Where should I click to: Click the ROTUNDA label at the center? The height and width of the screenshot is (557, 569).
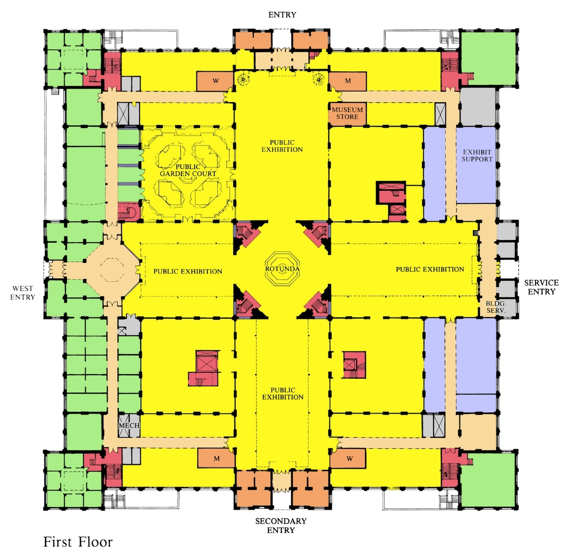tap(282, 269)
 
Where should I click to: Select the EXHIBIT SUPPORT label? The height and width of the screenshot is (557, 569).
tap(477, 155)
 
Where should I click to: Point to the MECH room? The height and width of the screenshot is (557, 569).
tap(129, 426)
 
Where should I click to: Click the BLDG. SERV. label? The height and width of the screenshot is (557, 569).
tap(496, 307)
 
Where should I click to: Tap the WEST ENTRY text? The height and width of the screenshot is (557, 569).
tap(23, 293)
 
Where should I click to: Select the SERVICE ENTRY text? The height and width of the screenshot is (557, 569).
tap(541, 287)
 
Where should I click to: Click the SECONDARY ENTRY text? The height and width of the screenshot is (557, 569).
tap(281, 525)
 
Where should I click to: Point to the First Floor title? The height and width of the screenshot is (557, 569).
tap(78, 542)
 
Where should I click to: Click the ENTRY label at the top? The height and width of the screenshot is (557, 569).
tap(282, 15)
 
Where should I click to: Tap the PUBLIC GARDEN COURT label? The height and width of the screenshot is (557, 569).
tap(188, 170)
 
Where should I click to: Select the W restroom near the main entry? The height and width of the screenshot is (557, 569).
tap(216, 81)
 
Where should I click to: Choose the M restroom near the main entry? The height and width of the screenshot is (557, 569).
tap(348, 81)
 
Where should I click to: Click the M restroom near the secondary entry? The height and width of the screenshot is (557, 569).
tap(217, 458)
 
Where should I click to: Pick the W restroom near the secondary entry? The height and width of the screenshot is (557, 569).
tap(349, 458)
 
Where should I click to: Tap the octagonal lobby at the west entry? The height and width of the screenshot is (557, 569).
tap(112, 269)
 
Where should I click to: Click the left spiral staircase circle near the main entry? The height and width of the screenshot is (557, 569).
tap(243, 78)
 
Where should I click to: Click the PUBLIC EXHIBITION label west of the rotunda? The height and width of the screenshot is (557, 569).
tap(188, 272)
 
